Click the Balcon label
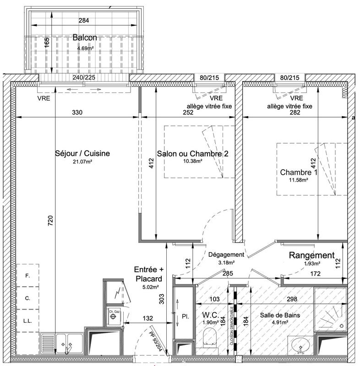[x=85, y=38]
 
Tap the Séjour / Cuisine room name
[x=82, y=154]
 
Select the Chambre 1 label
[x=298, y=172]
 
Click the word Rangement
[x=311, y=255]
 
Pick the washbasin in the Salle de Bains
[x=300, y=344]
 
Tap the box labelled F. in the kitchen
[x=27, y=276]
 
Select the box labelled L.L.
[x=27, y=322]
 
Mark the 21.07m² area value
[x=82, y=161]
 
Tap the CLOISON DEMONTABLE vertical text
[x=232, y=325]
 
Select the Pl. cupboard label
[x=185, y=316]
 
